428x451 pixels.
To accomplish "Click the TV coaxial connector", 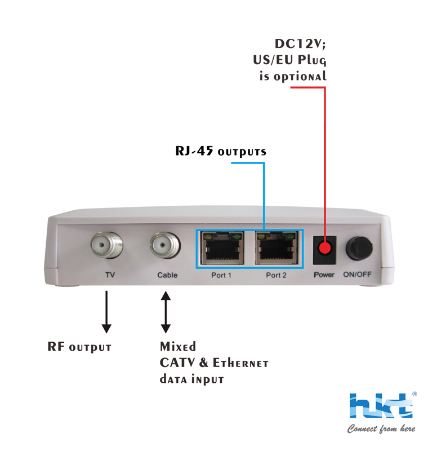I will [107, 246].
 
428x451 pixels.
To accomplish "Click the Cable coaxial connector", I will [165, 246].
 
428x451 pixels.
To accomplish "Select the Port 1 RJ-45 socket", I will [221, 248].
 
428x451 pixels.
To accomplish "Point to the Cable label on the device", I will [167, 275].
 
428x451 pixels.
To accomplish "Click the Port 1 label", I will [221, 275].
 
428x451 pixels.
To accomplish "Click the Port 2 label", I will [277, 275].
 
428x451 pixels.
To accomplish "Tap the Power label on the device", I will [324, 275].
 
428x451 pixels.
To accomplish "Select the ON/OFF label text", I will [359, 275].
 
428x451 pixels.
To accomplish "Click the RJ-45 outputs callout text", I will [219, 152].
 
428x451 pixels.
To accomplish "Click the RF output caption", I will [79, 347].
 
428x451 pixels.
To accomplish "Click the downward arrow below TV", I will [106, 312].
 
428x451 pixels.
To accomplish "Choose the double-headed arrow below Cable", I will [166, 312].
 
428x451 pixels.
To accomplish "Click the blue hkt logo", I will [382, 406].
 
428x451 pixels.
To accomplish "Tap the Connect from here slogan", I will [381, 429].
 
